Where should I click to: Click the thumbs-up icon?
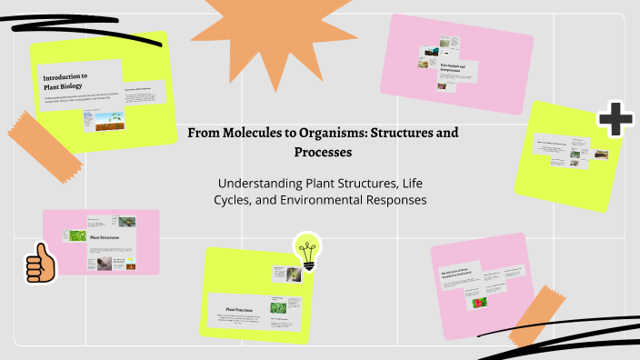40,265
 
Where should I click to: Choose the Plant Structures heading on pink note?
106,238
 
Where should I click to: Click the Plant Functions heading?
239,310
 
